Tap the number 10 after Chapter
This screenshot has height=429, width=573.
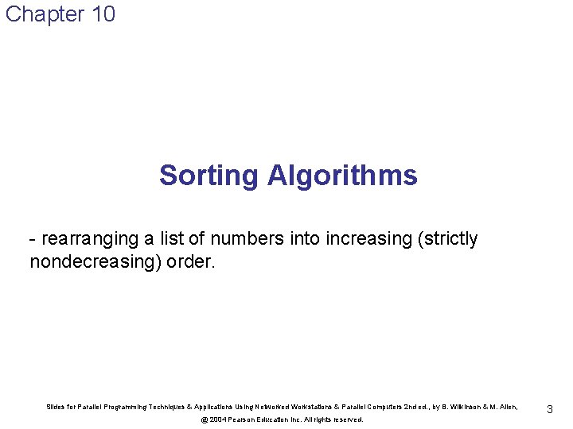point(104,14)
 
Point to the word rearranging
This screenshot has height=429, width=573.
point(88,239)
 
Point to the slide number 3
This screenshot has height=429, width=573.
point(549,409)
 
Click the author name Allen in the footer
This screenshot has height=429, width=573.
point(507,408)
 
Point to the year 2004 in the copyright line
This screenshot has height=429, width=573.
point(217,419)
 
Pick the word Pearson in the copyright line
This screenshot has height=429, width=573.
point(244,419)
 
